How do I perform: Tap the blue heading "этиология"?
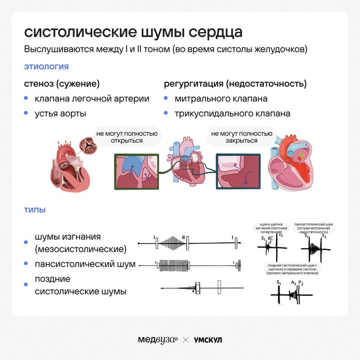click(46, 67)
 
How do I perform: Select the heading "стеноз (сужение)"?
click(61, 84)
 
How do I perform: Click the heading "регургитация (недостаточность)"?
click(235, 84)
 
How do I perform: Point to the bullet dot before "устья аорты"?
click(26, 114)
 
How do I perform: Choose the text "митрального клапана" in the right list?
click(221, 99)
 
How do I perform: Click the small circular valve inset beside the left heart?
click(88, 145)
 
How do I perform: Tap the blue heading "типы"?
click(34, 210)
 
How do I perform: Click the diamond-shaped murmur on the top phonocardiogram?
click(172, 243)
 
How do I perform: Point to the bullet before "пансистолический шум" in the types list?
click(26, 264)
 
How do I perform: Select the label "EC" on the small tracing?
click(271, 239)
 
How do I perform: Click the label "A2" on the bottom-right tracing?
click(294, 282)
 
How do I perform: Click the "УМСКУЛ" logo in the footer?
click(208, 340)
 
